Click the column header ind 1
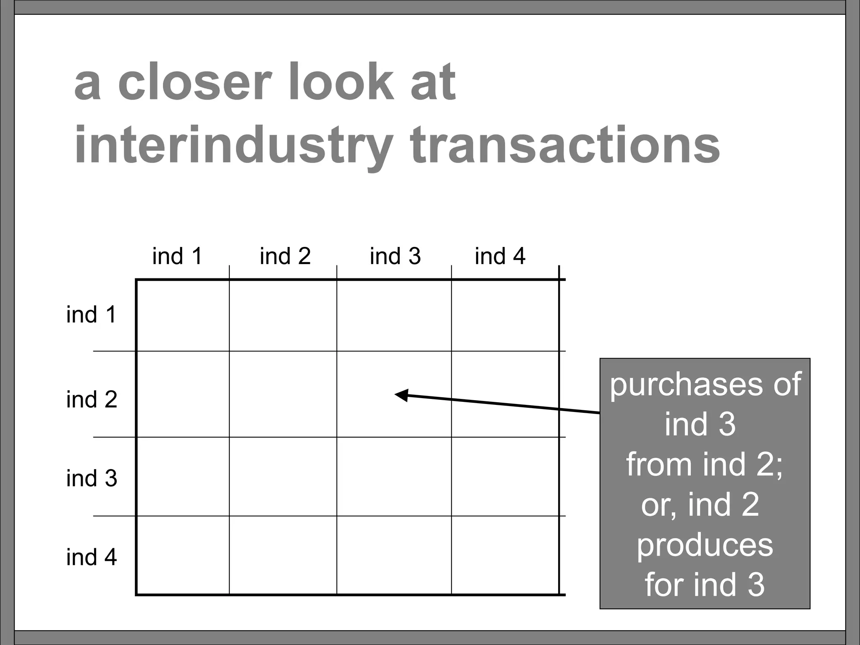177,256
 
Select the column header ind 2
285,256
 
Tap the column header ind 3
395,256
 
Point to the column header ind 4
500,256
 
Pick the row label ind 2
92,399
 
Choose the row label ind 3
92,478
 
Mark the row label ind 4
92,557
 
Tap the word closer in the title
193,82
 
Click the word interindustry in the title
233,145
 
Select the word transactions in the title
565,145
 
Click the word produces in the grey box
705,545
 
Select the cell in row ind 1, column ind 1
183,315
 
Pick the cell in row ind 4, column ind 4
505,555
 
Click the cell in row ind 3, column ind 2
283,477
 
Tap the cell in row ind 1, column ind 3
394,315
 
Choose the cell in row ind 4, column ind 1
183,555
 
